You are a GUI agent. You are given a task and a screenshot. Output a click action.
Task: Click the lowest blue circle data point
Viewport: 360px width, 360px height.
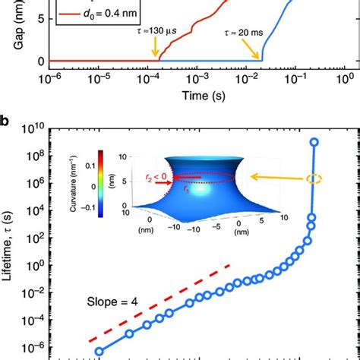(x=99, y=351)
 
